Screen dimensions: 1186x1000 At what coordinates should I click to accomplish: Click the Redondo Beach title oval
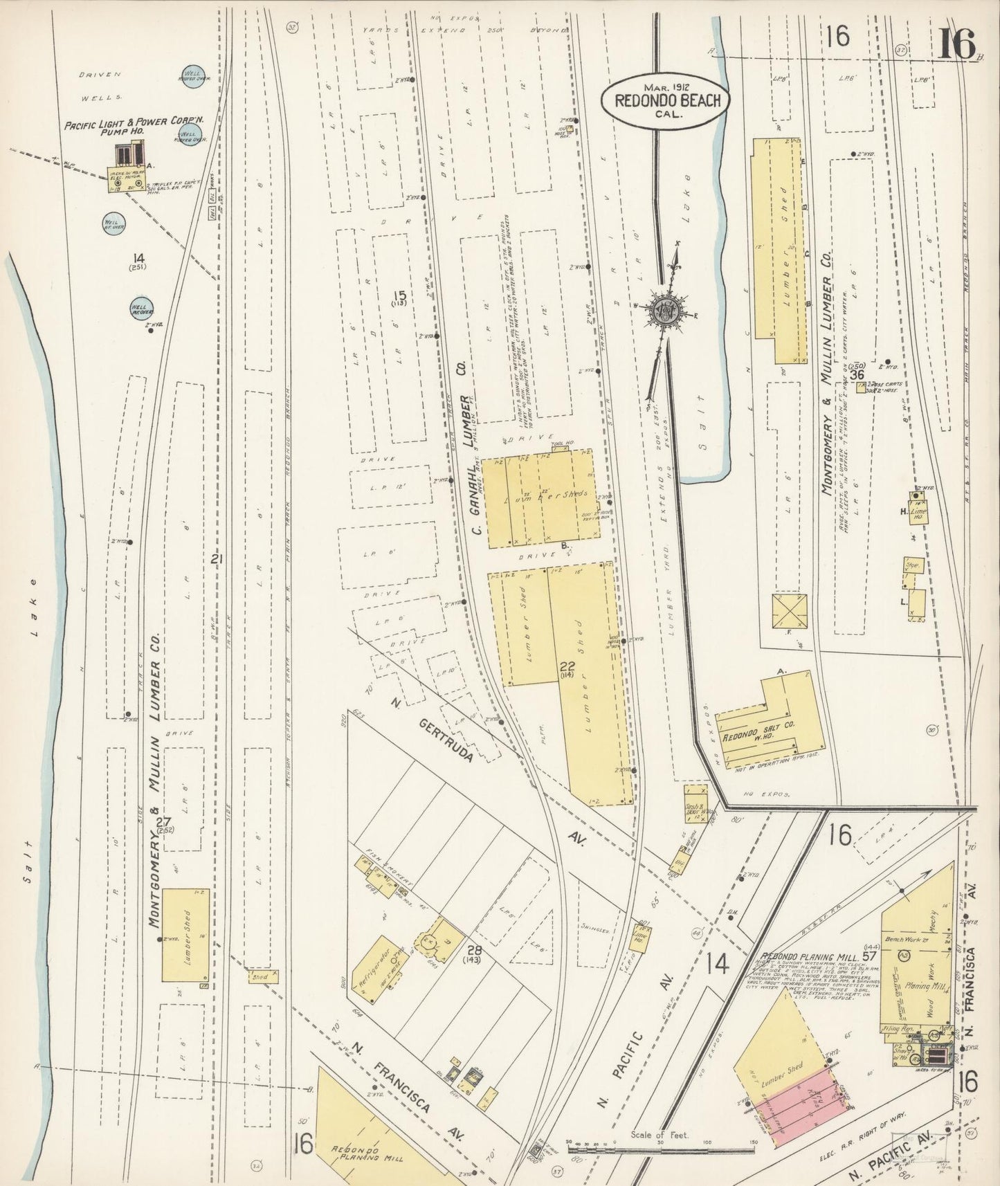(660, 101)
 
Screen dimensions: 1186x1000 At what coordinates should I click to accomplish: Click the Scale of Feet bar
(660, 1149)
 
